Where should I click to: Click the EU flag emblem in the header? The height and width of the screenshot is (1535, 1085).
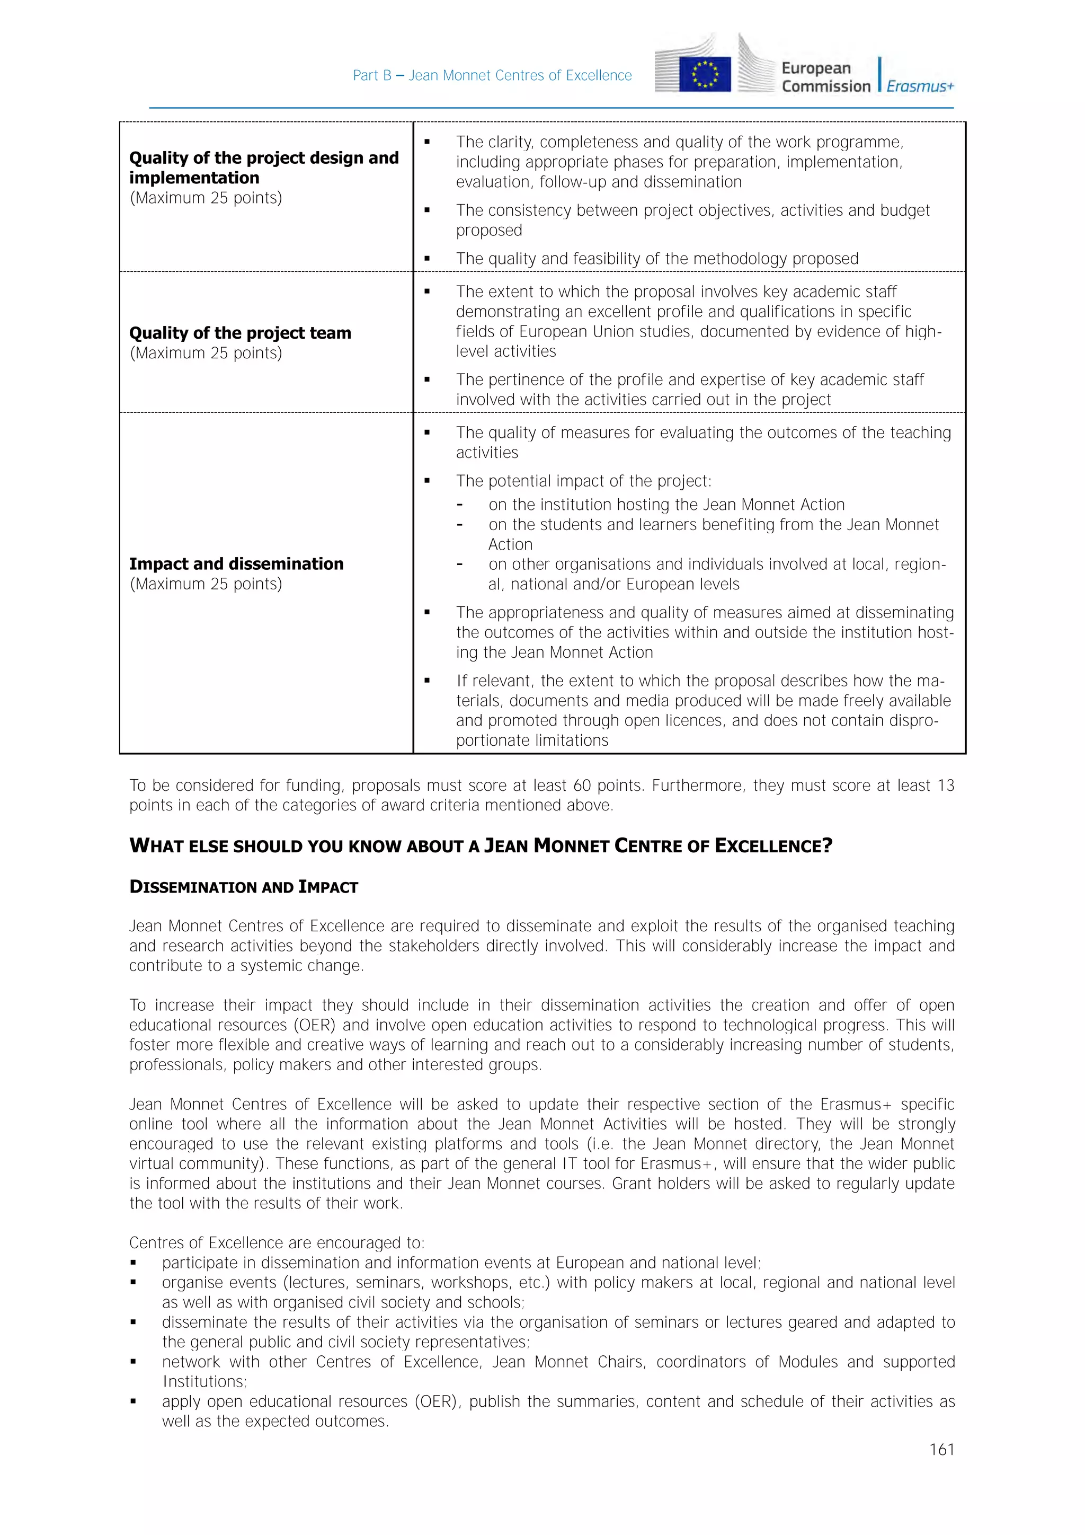tap(704, 74)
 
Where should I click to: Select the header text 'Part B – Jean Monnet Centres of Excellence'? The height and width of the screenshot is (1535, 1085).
tap(492, 76)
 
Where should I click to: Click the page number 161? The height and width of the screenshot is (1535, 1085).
tap(941, 1450)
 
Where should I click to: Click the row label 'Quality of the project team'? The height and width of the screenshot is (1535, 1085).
tap(240, 333)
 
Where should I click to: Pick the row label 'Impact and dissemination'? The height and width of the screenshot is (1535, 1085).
tap(236, 563)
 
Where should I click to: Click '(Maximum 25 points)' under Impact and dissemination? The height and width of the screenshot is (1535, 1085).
tap(206, 584)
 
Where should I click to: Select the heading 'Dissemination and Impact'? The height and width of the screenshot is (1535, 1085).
tap(243, 887)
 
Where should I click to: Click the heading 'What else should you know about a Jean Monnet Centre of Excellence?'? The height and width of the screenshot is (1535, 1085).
tap(481, 846)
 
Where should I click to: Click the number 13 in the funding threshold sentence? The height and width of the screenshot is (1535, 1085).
tap(945, 786)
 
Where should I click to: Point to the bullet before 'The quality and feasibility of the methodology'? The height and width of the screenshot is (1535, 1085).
tap(427, 259)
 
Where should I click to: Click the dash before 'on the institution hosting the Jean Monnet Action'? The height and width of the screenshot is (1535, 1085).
tap(460, 505)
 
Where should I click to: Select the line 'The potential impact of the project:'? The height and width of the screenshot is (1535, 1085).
tap(583, 481)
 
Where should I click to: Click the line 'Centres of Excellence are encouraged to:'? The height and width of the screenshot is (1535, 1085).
tap(277, 1243)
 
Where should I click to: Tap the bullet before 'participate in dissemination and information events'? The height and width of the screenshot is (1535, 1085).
tap(134, 1263)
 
